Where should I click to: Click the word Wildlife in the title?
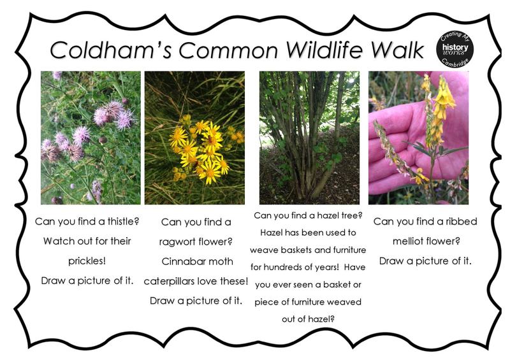[x=324, y=50]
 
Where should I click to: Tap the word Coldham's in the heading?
[x=111, y=50]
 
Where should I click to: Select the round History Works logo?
[x=455, y=50]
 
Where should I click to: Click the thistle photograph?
[x=91, y=138]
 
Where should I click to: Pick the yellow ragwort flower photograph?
[x=194, y=138]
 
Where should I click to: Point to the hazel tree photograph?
[x=309, y=138]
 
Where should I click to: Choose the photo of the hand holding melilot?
[x=418, y=138]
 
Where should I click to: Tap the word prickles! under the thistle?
[x=87, y=261]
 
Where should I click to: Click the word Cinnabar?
[x=181, y=261]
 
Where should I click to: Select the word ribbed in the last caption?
[x=461, y=222]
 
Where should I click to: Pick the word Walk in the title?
[x=397, y=50]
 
